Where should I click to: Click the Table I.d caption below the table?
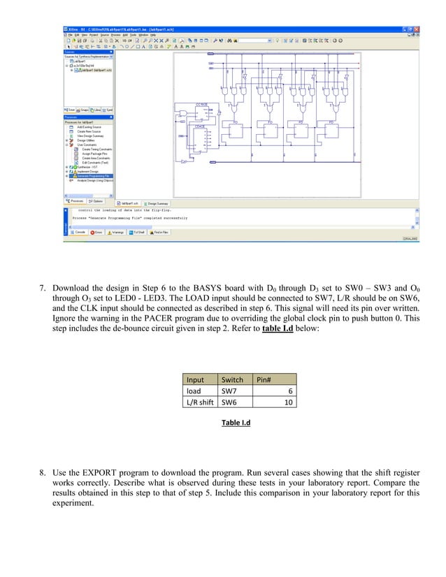(236, 423)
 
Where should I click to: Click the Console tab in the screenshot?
(78, 232)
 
